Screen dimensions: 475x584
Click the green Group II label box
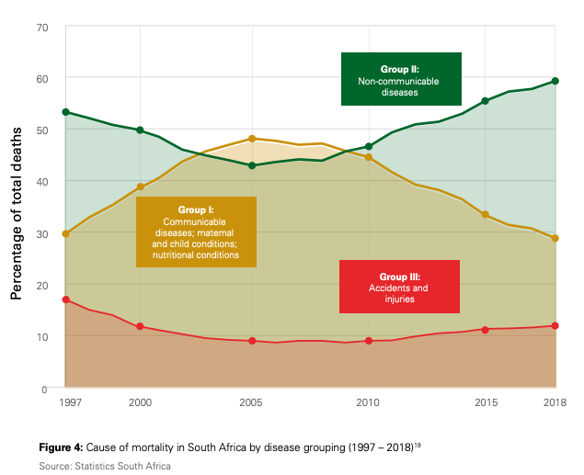pyautogui.click(x=400, y=79)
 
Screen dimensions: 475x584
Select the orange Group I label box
pyautogui.click(x=196, y=232)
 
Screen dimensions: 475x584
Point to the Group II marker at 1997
pyautogui.click(x=65, y=112)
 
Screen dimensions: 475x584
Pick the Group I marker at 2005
pyautogui.click(x=251, y=139)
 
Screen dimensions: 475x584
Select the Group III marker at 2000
pyautogui.click(x=140, y=327)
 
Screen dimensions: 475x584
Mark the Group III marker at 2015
pyautogui.click(x=485, y=329)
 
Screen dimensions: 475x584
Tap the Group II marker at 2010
pyautogui.click(x=368, y=147)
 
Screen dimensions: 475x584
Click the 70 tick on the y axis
pyautogui.click(x=41, y=27)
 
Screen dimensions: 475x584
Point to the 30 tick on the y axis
pyautogui.click(x=41, y=233)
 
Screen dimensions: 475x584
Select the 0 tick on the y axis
pyautogui.click(x=44, y=389)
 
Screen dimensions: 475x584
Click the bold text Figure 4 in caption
pyautogui.click(x=61, y=447)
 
